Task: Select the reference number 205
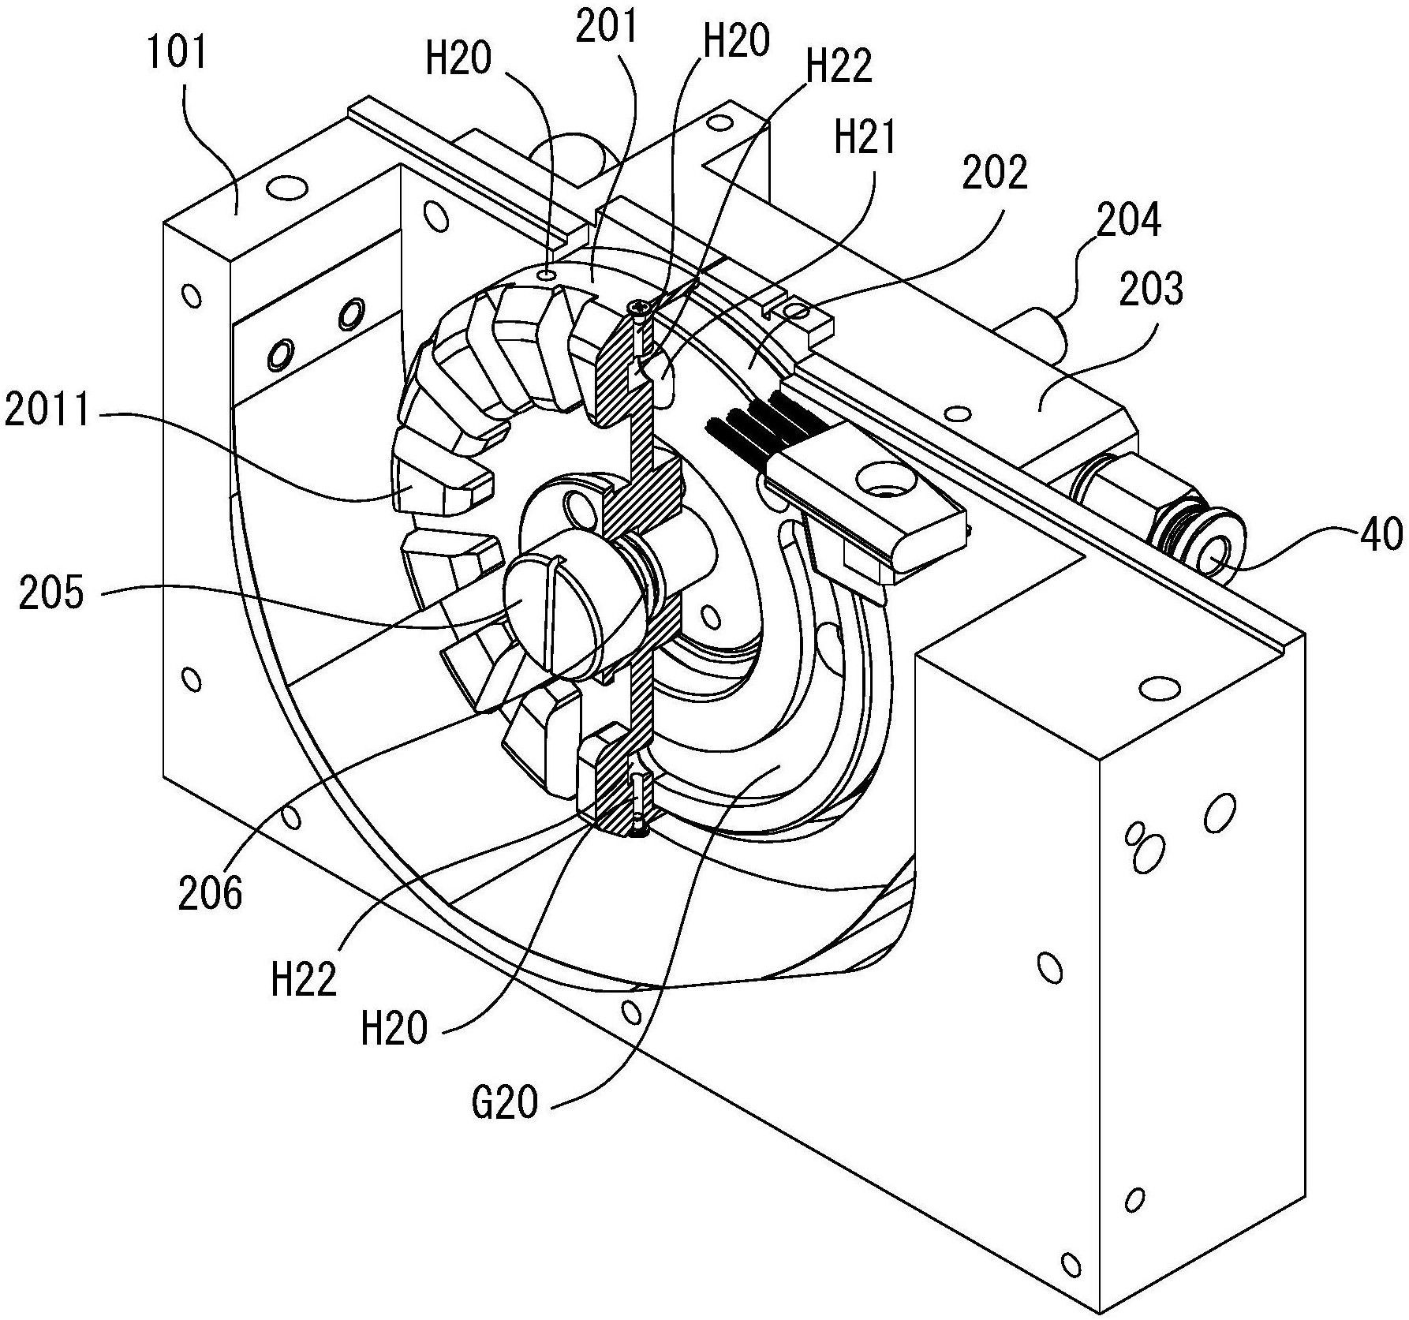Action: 51,591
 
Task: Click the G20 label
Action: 505,1102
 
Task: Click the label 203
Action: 1151,289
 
